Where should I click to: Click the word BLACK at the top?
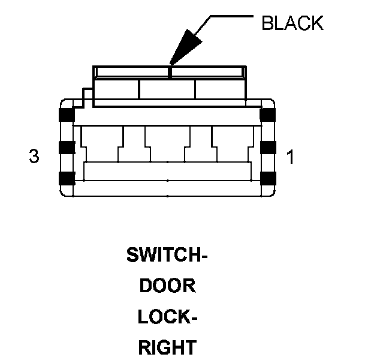pos(292,23)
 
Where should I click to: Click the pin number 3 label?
pos(34,157)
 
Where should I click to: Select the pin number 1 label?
pos(290,157)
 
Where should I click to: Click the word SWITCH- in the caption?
pos(167,256)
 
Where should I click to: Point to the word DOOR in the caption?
pos(167,286)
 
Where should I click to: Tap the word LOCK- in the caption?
pos(167,316)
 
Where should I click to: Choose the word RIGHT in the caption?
pos(167,347)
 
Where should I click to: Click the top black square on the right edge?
pos(268,115)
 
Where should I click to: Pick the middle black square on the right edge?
pos(268,147)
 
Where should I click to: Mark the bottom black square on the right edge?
pos(268,178)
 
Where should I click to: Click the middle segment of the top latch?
pos(167,89)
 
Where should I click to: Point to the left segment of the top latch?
pos(116,89)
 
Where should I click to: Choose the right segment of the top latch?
pos(219,89)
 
